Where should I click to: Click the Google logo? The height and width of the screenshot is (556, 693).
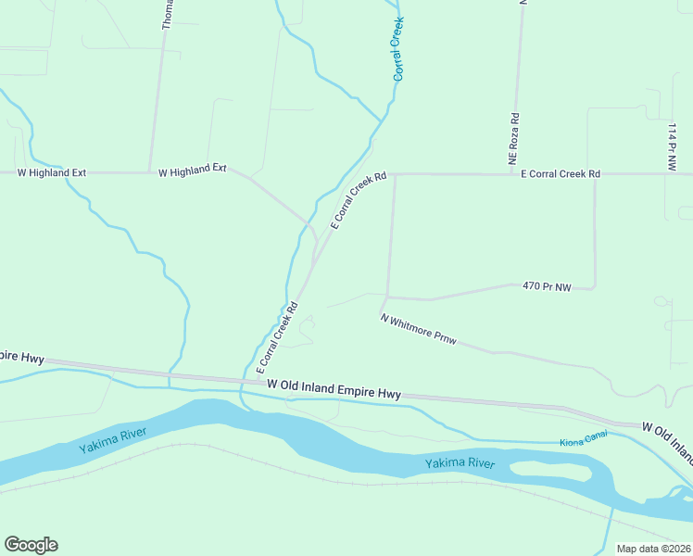coord(31,545)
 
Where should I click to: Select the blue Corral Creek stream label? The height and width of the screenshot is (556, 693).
coord(398,47)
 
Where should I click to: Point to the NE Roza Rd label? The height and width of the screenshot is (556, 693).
coord(514,140)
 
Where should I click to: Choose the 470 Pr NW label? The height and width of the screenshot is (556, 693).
coord(545,287)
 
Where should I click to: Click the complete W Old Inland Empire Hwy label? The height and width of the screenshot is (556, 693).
coord(334,389)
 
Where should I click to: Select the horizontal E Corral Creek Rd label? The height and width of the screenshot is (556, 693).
coord(561,173)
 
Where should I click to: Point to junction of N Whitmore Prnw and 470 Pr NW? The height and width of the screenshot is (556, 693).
coord(387,297)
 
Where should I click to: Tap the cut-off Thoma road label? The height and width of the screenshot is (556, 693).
coord(167,14)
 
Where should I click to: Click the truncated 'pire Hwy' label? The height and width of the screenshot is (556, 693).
coord(22,356)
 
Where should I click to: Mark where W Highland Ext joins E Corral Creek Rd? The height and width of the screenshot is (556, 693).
coord(317,243)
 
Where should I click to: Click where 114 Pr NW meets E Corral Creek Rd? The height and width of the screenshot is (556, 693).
coord(666,173)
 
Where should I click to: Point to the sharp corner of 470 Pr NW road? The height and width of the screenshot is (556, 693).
coord(594,287)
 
